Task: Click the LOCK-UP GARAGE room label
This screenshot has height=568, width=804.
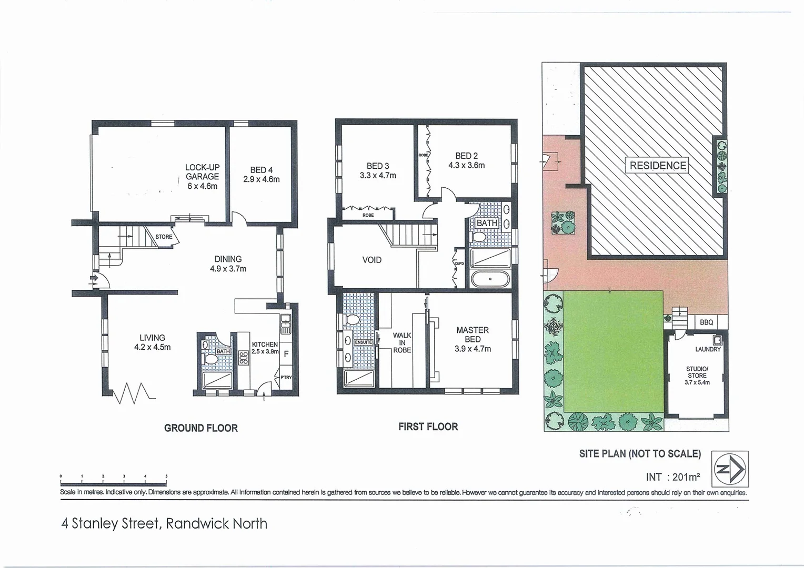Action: [x=202, y=177]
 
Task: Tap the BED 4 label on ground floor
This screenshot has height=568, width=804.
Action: [x=261, y=175]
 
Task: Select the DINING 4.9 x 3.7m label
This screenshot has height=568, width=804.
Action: [x=228, y=263]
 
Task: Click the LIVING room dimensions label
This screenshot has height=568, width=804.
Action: [x=152, y=342]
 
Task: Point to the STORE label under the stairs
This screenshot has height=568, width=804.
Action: [x=164, y=237]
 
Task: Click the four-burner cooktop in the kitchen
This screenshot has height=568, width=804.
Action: [x=244, y=358]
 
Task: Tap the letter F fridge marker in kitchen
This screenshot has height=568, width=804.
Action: [x=286, y=354]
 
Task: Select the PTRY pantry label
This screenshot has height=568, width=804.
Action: [x=286, y=378]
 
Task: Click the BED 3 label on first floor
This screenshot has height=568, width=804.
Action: [x=378, y=171]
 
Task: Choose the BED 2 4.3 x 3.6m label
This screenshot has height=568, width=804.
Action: [x=466, y=160]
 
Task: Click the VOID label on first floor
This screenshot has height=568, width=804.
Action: [x=372, y=260]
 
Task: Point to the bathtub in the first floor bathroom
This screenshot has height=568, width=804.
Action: [x=490, y=279]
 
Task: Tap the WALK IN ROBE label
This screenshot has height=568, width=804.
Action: [x=402, y=342]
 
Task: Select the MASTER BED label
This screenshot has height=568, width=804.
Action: [x=473, y=339]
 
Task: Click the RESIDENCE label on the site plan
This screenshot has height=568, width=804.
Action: [x=658, y=166]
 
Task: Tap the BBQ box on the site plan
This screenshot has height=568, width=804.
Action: [x=707, y=322]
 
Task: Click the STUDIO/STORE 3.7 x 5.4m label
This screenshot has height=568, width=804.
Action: [x=697, y=376]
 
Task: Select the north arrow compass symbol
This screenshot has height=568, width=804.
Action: [x=730, y=469]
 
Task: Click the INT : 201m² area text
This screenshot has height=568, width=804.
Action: [x=672, y=477]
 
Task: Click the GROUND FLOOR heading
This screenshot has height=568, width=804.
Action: [x=201, y=428]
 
